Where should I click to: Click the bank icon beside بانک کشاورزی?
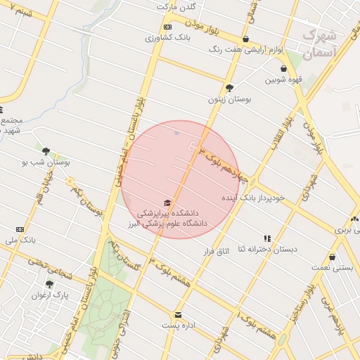(x=167, y=27)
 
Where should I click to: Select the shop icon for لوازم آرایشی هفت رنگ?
(x=245, y=39)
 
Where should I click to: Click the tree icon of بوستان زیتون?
(x=229, y=88)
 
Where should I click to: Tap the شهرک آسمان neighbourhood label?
(x=321, y=44)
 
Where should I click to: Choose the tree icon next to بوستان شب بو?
(x=46, y=151)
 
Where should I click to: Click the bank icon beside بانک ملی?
(x=19, y=229)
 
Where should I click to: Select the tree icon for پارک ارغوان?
(x=49, y=284)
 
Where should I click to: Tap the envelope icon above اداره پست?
(x=179, y=314)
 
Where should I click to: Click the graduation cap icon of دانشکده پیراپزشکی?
(x=167, y=202)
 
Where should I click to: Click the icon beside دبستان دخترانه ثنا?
(x=266, y=238)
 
